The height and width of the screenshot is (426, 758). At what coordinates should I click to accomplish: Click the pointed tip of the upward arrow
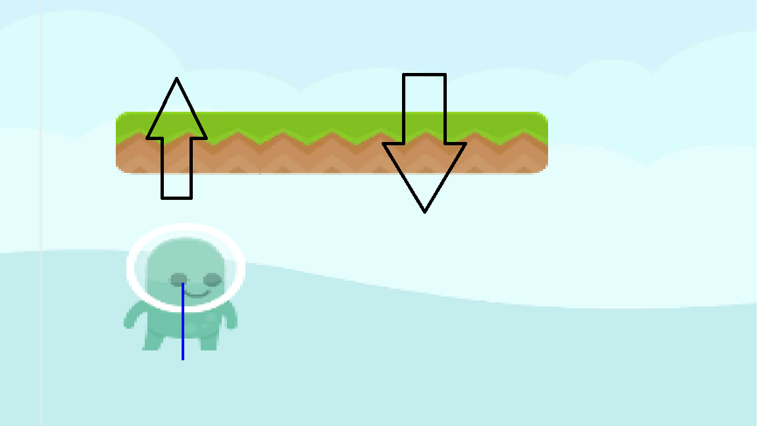pos(176,79)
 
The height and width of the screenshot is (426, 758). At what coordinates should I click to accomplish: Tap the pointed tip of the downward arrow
pos(424,211)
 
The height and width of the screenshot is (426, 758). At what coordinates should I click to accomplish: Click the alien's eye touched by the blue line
pos(178,279)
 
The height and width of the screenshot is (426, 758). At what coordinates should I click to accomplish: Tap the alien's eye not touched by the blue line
pos(212,279)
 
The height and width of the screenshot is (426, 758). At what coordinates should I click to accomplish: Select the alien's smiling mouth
pos(197,293)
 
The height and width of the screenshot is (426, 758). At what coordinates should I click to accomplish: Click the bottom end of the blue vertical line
pos(183,359)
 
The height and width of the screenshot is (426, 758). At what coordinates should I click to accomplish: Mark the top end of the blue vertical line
pos(183,283)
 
